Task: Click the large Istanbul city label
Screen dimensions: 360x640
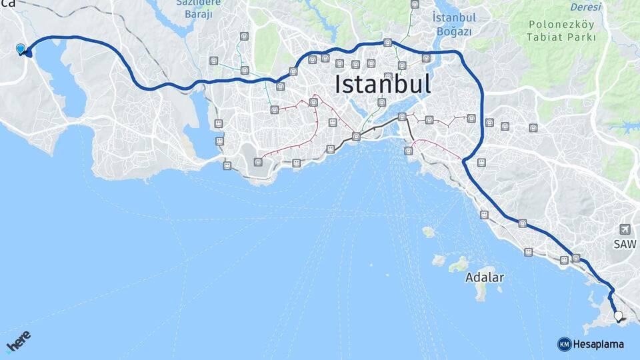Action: click(382, 85)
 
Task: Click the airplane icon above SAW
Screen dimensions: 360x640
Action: click(625, 229)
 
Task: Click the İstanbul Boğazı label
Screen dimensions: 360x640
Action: click(453, 24)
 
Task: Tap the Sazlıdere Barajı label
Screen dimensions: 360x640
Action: click(199, 8)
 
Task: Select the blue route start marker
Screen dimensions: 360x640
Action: click(21, 49)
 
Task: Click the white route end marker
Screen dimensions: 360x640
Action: click(618, 316)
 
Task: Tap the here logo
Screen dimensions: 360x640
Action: click(18, 341)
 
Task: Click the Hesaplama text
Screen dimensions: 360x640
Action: click(598, 344)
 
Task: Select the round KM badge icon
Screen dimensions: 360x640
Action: click(564, 344)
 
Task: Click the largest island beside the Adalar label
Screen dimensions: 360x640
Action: click(482, 292)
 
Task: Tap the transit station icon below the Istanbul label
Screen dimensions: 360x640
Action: click(381, 103)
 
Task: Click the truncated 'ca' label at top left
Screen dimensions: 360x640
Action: click(8, 4)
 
